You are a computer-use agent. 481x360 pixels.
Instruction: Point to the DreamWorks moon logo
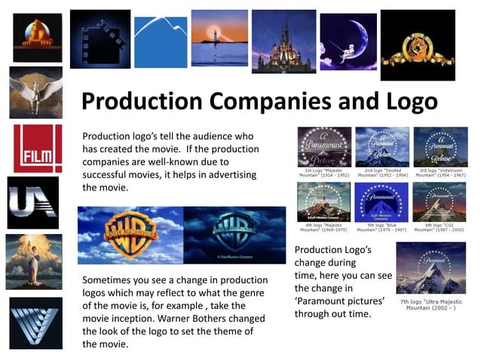point(348,41)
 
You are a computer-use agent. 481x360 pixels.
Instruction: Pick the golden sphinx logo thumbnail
point(37,38)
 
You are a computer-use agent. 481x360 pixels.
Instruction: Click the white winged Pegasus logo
point(35,93)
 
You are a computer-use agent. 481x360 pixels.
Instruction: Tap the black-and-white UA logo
point(32,203)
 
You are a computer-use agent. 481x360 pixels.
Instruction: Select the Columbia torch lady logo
point(35,260)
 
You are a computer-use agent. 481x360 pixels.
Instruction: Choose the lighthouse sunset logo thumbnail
point(219,38)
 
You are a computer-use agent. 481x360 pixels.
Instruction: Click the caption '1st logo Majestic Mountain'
point(323,172)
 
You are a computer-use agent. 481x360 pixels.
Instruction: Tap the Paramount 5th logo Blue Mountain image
point(381,201)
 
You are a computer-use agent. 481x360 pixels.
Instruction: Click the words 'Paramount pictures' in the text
point(339,301)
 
